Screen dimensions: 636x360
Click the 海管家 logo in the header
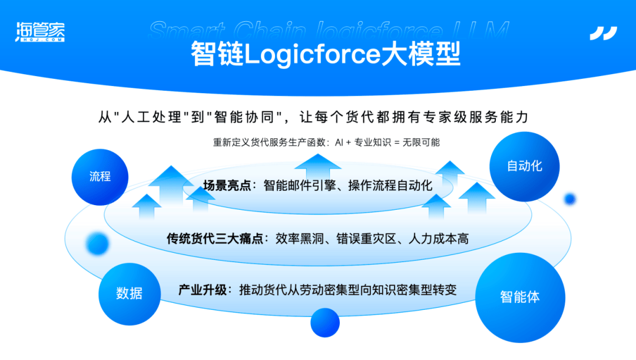[x=40, y=32]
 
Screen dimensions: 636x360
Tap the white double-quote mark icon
[x=604, y=33]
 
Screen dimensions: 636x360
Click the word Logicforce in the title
[x=312, y=54]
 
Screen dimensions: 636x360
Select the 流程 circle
[x=100, y=177]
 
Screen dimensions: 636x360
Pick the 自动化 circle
[x=525, y=166]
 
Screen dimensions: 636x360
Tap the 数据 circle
[x=130, y=294]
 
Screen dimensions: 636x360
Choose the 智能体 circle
[x=520, y=298]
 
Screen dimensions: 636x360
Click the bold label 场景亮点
[x=227, y=186]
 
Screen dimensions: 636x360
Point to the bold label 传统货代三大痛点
[x=215, y=239]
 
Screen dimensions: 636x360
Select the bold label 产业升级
[x=203, y=290]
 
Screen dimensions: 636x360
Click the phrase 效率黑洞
[x=300, y=239]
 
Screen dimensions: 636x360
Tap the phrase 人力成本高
[x=439, y=239]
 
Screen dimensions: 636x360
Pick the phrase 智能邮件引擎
[x=300, y=186]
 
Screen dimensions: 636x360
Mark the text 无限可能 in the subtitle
[x=421, y=143]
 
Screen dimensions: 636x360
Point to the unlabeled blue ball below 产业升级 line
[x=325, y=323]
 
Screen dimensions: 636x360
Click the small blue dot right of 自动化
[x=570, y=199]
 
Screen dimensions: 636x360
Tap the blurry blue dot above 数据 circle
[x=97, y=244]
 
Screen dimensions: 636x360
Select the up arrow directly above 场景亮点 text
[x=317, y=167]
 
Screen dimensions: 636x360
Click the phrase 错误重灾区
[x=366, y=239]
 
